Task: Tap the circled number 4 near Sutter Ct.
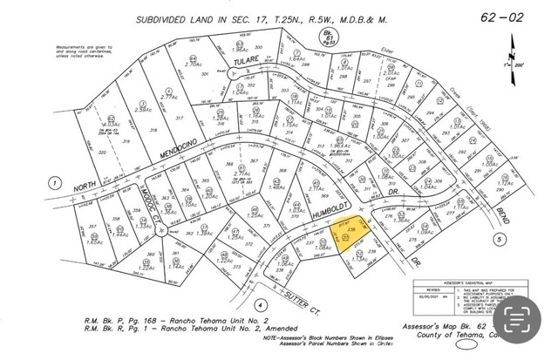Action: pyautogui.click(x=261, y=305)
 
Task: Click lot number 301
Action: pyautogui.click(x=207, y=76)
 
